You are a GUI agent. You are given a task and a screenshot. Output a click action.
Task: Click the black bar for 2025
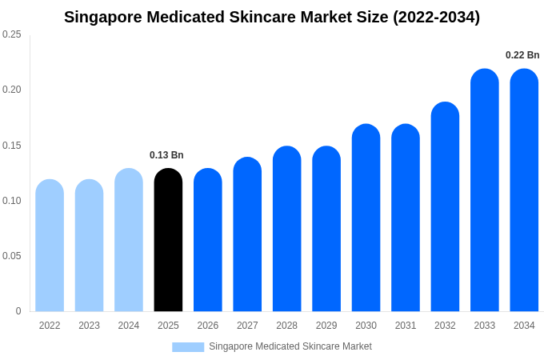pos(168,240)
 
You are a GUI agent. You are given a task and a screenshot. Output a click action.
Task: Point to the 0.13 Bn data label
pos(166,155)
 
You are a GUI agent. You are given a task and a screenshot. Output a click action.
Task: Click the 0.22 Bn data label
pos(522,55)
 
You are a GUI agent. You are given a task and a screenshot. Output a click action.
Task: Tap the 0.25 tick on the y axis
pos(12,34)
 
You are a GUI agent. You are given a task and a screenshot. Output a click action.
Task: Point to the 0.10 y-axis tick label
pos(12,201)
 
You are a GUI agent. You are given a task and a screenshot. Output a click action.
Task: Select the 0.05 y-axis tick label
pos(12,256)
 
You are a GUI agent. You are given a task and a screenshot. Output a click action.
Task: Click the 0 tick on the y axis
pos(18,311)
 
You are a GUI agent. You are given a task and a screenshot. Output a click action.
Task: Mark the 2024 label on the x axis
pos(129,326)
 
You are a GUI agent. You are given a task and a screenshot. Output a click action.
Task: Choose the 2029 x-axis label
pos(326,326)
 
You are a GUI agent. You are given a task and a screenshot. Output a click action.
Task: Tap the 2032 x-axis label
pos(445,326)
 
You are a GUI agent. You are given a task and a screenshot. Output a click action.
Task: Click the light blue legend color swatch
pos(188,346)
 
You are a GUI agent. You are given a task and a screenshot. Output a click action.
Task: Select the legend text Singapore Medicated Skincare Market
pos(290,346)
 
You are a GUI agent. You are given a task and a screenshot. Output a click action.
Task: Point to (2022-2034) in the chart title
pos(436,17)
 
